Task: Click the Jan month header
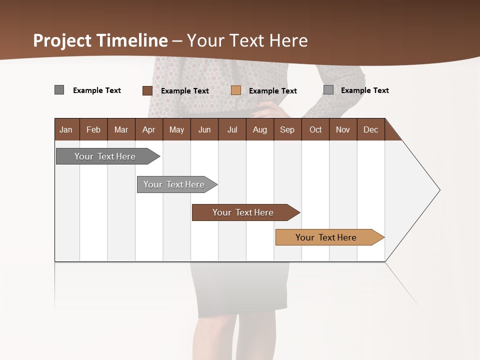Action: pos(66,129)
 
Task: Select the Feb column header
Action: pos(93,129)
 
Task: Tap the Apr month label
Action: pos(149,129)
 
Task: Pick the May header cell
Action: pos(176,129)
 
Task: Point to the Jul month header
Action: pos(232,129)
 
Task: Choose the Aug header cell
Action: pos(259,129)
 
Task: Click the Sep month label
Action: pos(287,129)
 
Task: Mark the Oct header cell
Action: pos(315,129)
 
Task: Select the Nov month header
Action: pos(343,129)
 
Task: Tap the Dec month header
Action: pos(370,129)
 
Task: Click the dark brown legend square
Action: pos(147,90)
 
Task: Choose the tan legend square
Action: pos(236,90)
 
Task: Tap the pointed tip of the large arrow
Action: pos(438,190)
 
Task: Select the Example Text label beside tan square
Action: pos(272,91)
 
